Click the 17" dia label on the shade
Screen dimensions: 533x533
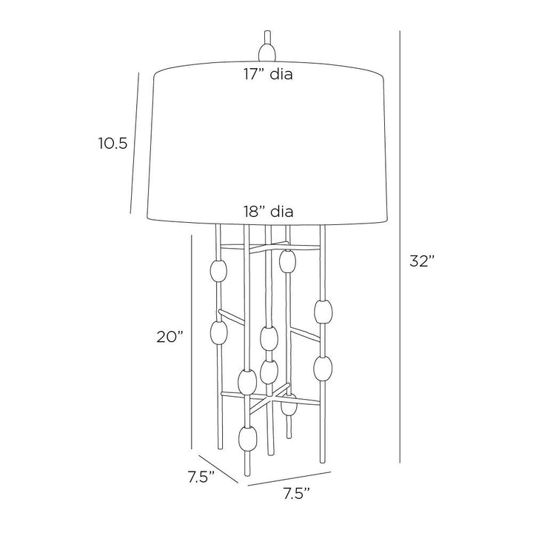tap(268, 74)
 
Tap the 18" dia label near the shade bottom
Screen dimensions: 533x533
tap(268, 212)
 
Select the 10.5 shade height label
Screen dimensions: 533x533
tap(113, 144)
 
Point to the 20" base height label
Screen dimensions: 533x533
tap(170, 337)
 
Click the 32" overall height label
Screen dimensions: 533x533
tap(422, 261)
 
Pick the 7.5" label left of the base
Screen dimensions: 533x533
tap(201, 477)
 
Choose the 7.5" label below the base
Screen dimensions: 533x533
tap(297, 494)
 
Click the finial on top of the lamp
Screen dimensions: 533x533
tap(267, 46)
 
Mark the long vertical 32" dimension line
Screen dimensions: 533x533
tap(400, 247)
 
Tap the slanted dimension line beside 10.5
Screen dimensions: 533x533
tap(135, 143)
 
